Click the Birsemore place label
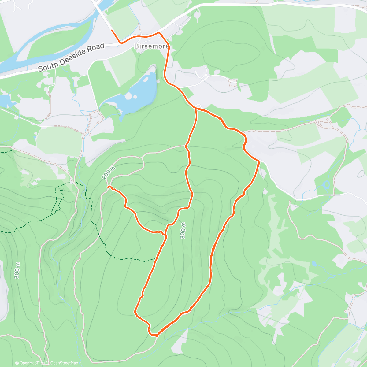click(151, 47)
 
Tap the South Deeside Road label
click(71, 57)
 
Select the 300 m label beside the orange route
click(183, 230)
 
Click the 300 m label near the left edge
click(17, 270)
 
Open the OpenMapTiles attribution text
click(30, 363)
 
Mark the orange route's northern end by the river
click(112, 30)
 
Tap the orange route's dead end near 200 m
click(108, 186)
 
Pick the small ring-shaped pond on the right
click(326, 185)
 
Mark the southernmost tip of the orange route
click(156, 336)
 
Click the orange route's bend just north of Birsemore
click(159, 32)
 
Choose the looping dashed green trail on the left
click(58, 202)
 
